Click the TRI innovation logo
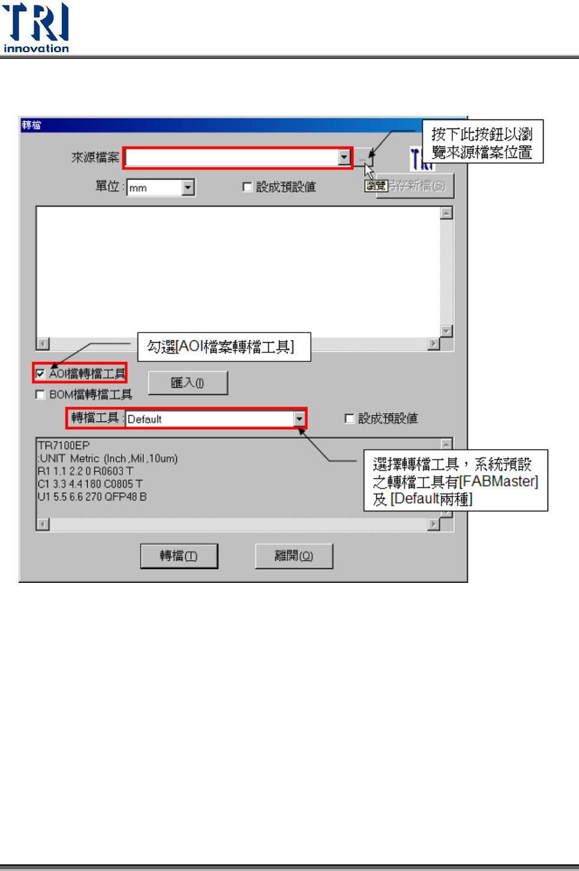tap(36, 28)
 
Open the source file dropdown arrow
tap(344, 157)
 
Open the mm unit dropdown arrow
tap(188, 188)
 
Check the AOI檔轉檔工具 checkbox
tap(40, 374)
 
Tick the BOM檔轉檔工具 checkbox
tap(40, 394)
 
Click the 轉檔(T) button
tap(179, 556)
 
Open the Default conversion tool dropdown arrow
tap(299, 419)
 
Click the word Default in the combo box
tap(145, 419)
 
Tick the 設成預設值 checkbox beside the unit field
tap(247, 187)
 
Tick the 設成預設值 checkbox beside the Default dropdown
tap(349, 418)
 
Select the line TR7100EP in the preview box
tap(64, 445)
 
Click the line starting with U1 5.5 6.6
tap(92, 496)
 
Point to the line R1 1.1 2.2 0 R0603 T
tap(85, 471)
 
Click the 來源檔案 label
tap(95, 157)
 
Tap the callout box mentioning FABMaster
tap(455, 481)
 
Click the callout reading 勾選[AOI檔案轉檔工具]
tap(224, 347)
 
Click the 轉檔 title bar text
tap(31, 125)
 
